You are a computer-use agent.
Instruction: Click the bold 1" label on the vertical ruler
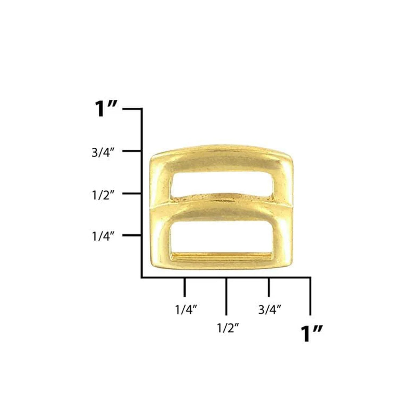[106, 109]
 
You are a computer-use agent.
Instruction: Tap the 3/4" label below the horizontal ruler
[270, 310]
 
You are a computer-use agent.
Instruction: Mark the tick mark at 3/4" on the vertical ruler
[132, 151]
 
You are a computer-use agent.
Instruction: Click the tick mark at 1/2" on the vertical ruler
[132, 193]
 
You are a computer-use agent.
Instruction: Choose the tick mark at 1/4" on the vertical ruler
[132, 236]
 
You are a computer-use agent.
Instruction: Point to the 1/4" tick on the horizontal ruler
[185, 287]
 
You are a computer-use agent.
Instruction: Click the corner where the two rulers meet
[142, 278]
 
